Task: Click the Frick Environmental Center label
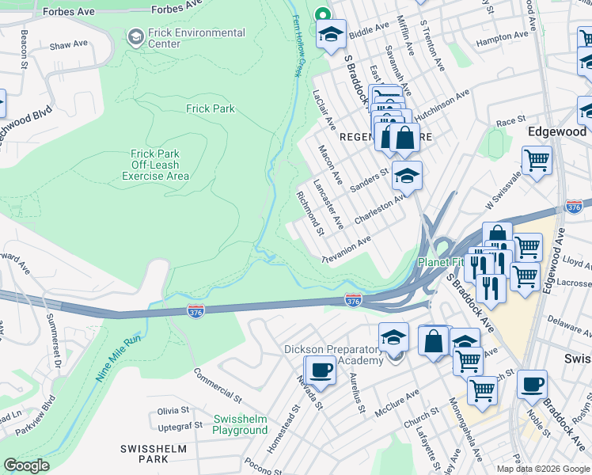[x=196, y=38]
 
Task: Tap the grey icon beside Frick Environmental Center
[x=136, y=37]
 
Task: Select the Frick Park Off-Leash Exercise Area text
[x=155, y=165]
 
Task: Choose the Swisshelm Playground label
[x=240, y=424]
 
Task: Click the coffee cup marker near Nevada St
[x=321, y=370]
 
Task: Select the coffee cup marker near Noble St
[x=532, y=383]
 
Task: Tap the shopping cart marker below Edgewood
[x=537, y=161]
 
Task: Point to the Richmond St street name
[x=309, y=213]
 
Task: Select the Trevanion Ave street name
[x=346, y=249]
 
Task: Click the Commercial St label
[x=217, y=383]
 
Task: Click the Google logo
[x=25, y=465]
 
